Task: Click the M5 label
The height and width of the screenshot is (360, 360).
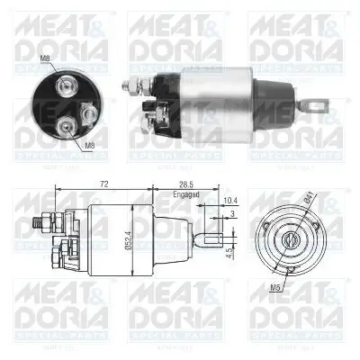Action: point(282,290)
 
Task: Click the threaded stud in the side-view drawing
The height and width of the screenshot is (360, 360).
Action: point(37,220)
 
